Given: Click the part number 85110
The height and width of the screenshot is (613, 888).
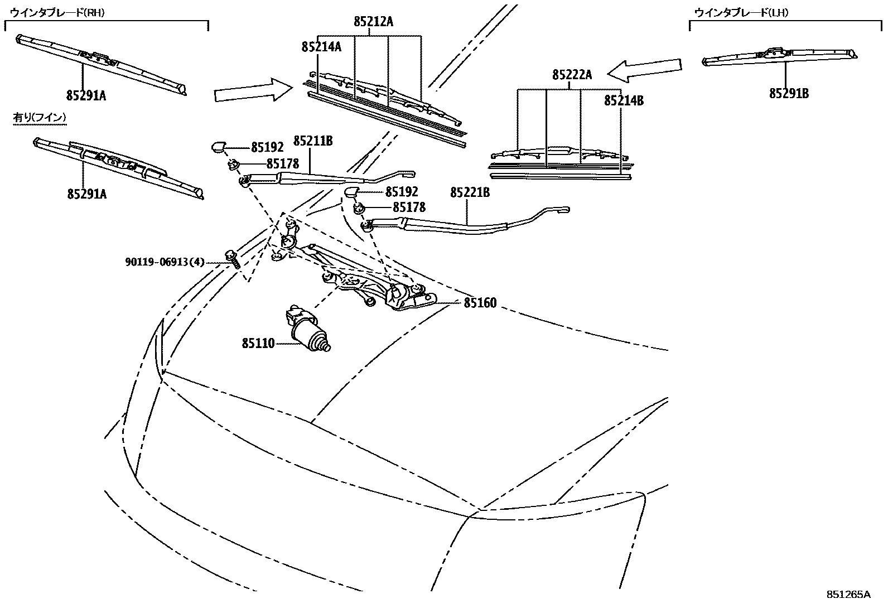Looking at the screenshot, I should click(x=258, y=344).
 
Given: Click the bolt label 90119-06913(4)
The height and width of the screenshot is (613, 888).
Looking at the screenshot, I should click(x=165, y=262).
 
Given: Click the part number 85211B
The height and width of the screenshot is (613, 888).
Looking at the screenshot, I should click(x=313, y=142).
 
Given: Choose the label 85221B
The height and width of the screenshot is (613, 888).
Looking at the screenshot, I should click(x=470, y=193).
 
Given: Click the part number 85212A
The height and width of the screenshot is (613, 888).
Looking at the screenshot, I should click(x=373, y=22).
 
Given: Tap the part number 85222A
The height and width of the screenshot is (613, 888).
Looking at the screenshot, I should click(x=572, y=75).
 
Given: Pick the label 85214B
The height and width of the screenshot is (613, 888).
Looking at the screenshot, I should click(x=624, y=101).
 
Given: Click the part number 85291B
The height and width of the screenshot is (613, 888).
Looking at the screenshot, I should click(x=789, y=93).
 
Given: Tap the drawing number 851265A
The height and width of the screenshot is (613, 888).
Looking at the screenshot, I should click(x=848, y=595).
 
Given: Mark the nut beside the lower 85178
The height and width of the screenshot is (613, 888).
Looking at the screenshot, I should click(x=360, y=209).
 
